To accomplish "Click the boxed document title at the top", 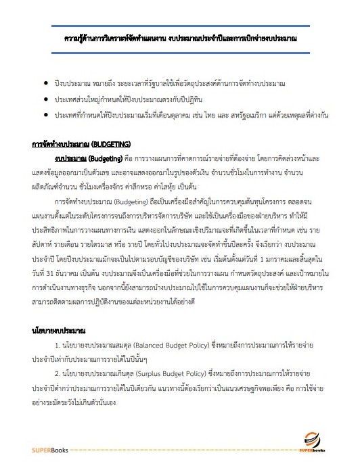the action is [179, 39].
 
